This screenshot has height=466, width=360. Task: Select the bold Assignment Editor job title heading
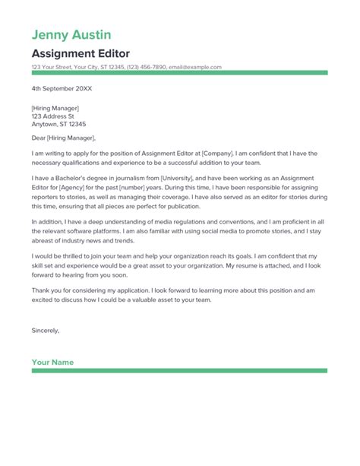click(81, 54)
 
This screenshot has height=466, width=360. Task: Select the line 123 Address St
click(53, 116)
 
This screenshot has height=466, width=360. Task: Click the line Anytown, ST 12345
click(58, 125)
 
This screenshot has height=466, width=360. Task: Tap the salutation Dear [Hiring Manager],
click(64, 138)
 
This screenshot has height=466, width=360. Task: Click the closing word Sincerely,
click(46, 331)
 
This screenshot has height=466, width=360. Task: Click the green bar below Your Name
click(179, 371)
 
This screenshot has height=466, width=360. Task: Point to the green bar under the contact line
click(179, 73)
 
